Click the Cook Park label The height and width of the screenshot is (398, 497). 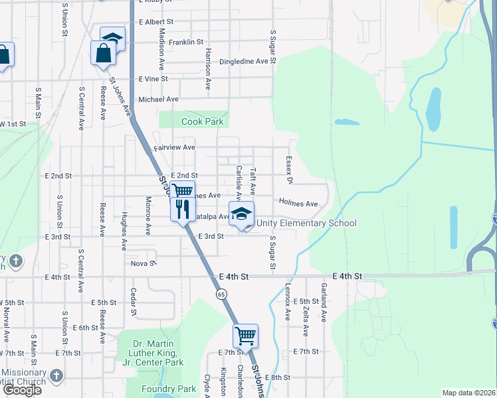point(202,122)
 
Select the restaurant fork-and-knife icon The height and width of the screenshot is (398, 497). point(181,209)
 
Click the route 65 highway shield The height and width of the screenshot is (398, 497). point(221,293)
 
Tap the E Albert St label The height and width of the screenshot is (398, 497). point(155,22)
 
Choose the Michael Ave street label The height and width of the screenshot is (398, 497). point(158,99)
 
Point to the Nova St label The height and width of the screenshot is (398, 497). point(143,263)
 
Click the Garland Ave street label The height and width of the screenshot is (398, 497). point(324,301)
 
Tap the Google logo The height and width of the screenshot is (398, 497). point(22,390)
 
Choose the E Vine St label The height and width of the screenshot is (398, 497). point(153,79)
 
